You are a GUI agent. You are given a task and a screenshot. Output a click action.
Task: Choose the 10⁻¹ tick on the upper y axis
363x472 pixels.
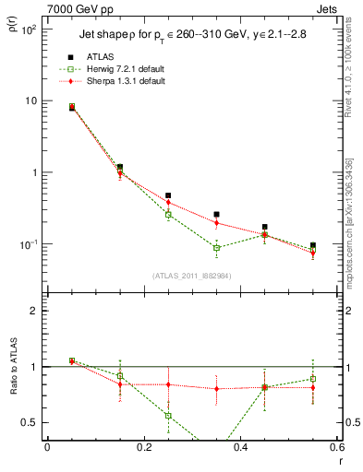click(28, 244)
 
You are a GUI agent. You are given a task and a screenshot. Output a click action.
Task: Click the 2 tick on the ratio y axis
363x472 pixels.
click(31, 311)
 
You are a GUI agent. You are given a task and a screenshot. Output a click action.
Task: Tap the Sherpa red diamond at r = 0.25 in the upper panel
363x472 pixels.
click(168, 202)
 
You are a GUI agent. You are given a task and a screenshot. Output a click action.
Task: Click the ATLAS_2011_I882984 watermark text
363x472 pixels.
click(192, 275)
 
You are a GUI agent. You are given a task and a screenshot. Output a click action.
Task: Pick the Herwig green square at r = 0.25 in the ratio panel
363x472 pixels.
click(168, 416)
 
